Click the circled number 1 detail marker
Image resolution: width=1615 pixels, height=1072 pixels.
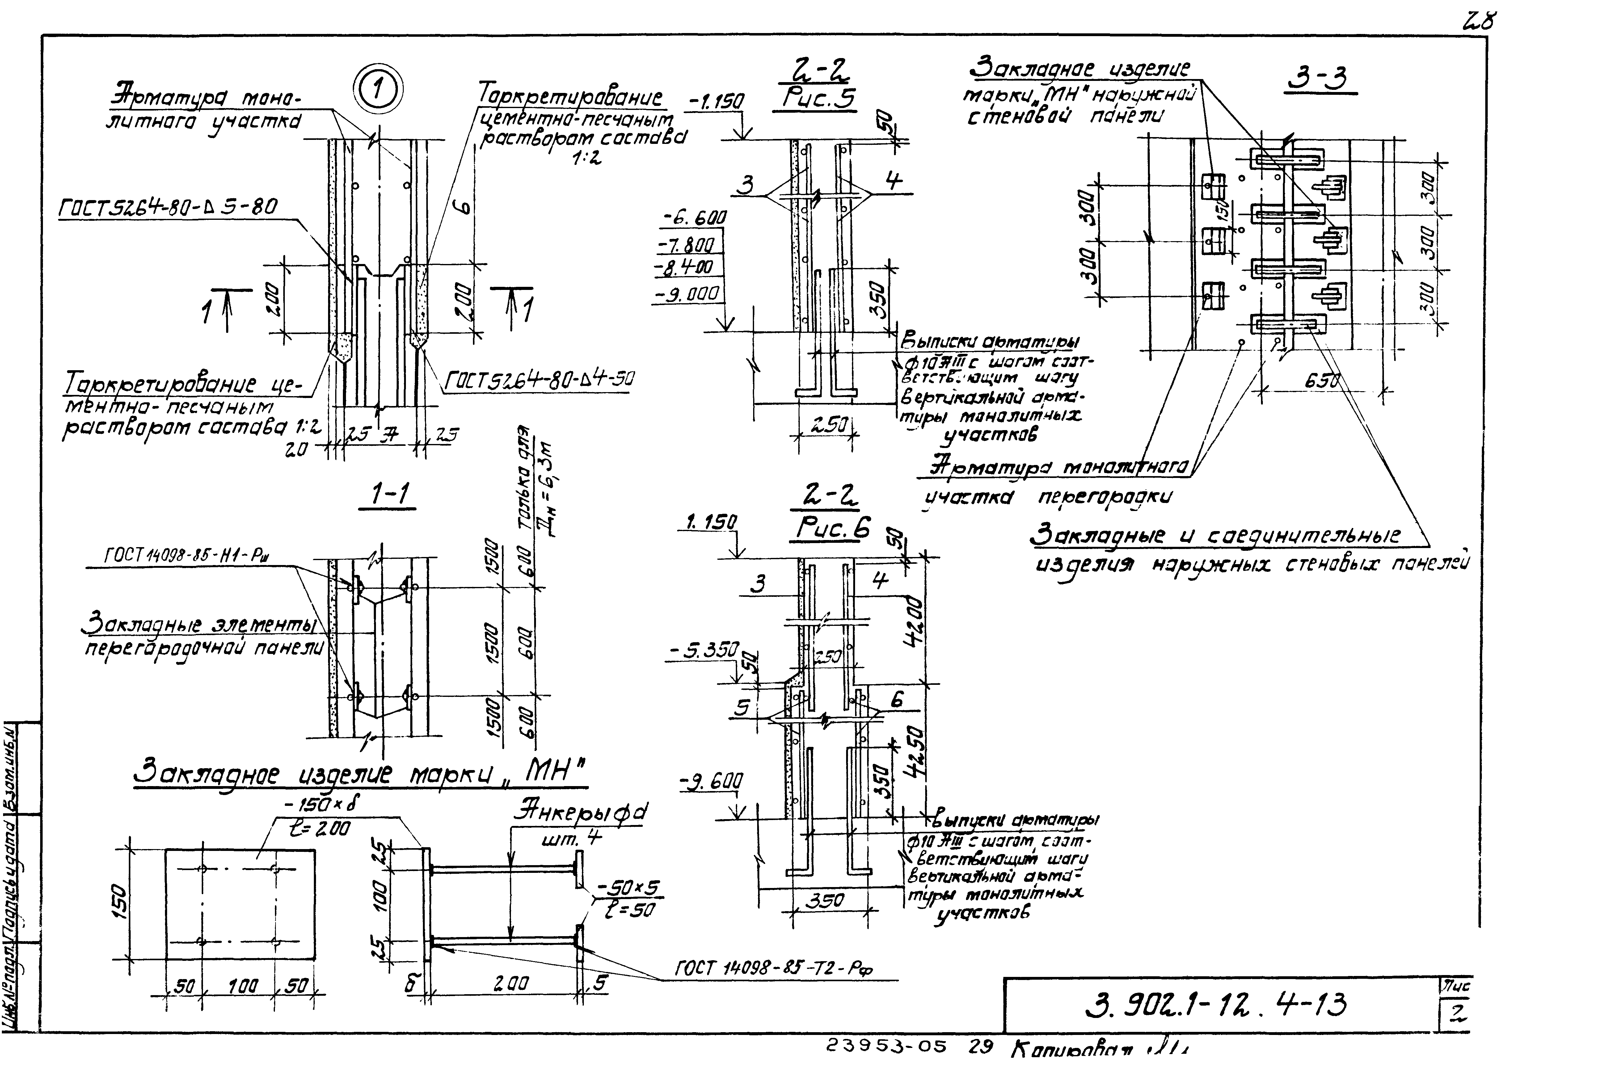point(378,91)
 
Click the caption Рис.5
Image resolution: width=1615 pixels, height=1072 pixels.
point(819,100)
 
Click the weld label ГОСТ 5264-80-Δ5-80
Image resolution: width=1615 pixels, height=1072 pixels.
point(168,207)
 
